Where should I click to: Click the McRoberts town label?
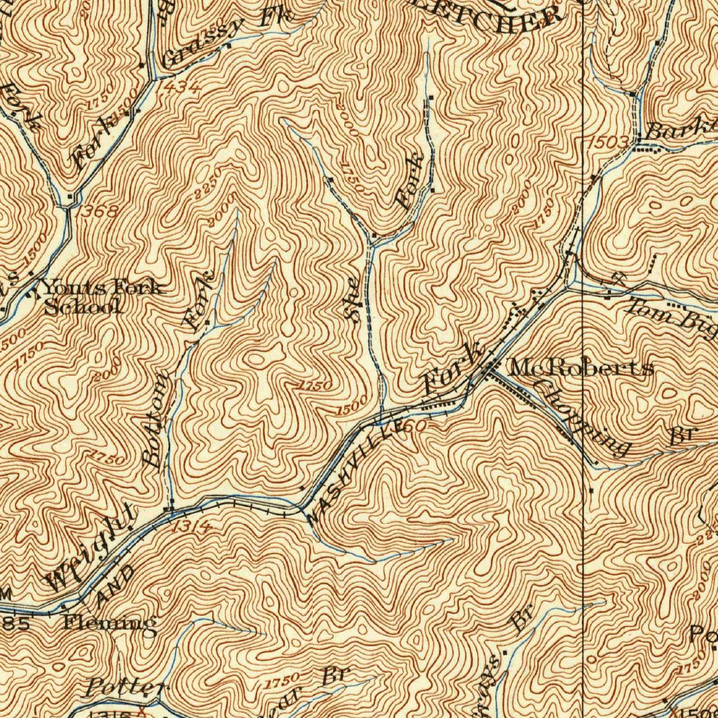582,367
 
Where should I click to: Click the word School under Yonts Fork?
83,306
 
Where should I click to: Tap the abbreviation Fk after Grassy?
276,17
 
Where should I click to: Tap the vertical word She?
353,299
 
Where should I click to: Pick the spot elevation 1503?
609,142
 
